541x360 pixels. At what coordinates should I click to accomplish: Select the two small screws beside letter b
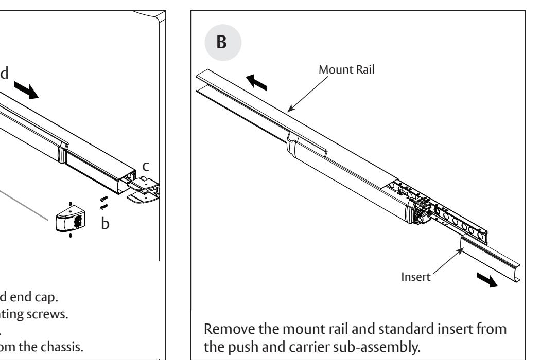(x=105, y=204)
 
